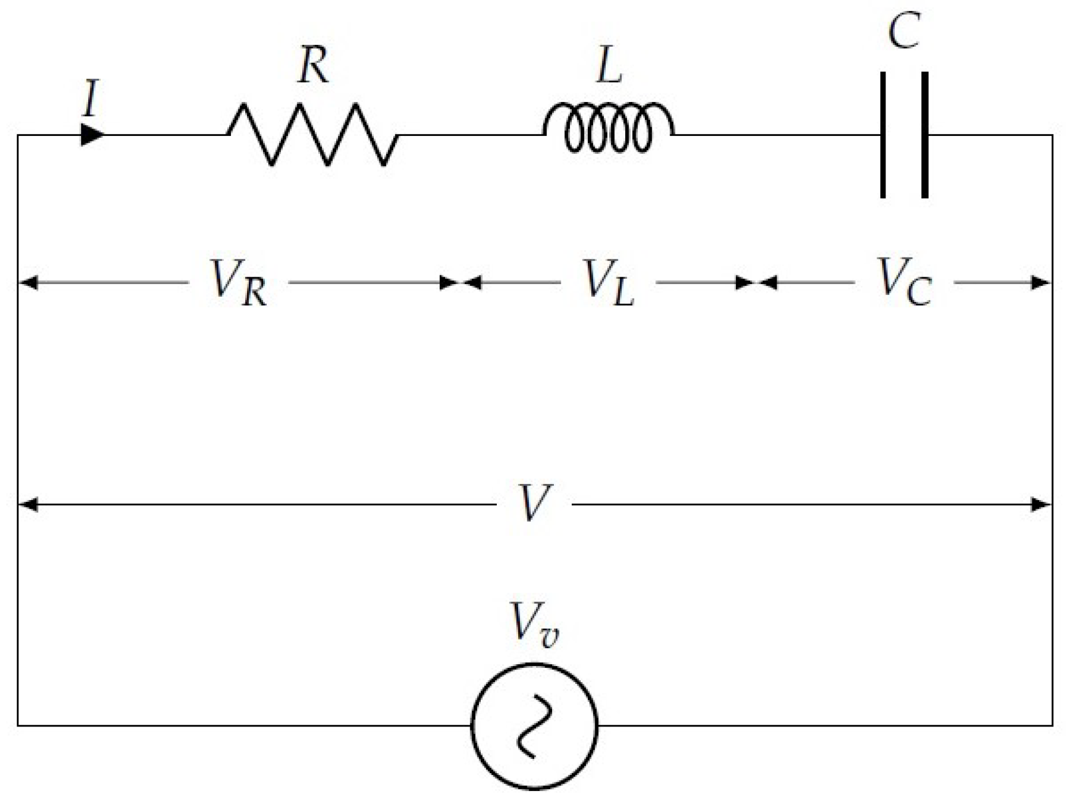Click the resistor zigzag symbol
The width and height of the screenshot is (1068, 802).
[313, 135]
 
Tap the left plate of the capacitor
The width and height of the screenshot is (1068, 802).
[883, 135]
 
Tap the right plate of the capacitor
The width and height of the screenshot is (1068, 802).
[925, 135]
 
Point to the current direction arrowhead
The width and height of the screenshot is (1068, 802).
[92, 135]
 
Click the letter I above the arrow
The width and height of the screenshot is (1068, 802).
[91, 99]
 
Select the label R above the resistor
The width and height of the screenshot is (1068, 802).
[313, 65]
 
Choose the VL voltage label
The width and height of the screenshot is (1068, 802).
[608, 282]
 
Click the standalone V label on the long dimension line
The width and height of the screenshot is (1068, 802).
[534, 503]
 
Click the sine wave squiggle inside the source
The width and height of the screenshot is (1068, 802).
[534, 725]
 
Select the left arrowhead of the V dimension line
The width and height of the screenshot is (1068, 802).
[28, 505]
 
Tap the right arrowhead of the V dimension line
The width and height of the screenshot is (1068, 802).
[1041, 505]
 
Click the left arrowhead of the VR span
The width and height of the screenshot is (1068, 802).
[28, 282]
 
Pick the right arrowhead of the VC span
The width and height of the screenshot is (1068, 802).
[1041, 282]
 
